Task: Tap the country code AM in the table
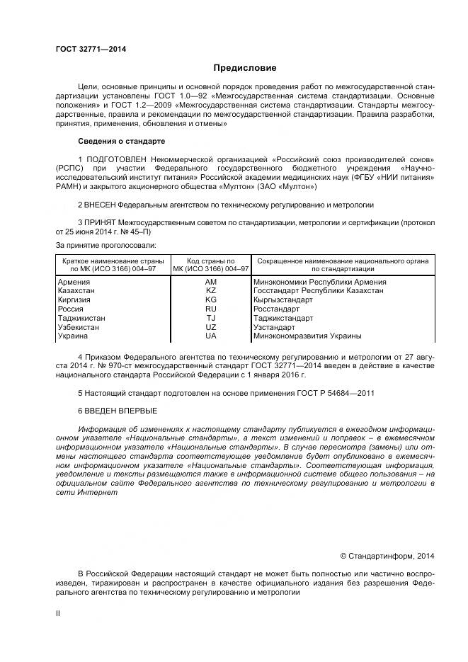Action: click(x=210, y=282)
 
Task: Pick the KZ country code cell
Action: click(x=210, y=291)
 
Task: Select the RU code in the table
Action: click(x=210, y=309)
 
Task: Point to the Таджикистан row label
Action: click(x=81, y=319)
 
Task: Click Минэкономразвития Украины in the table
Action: click(x=307, y=337)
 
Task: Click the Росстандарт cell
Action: click(x=276, y=309)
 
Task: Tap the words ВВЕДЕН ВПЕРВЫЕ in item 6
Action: click(x=121, y=411)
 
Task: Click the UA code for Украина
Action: click(x=210, y=337)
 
